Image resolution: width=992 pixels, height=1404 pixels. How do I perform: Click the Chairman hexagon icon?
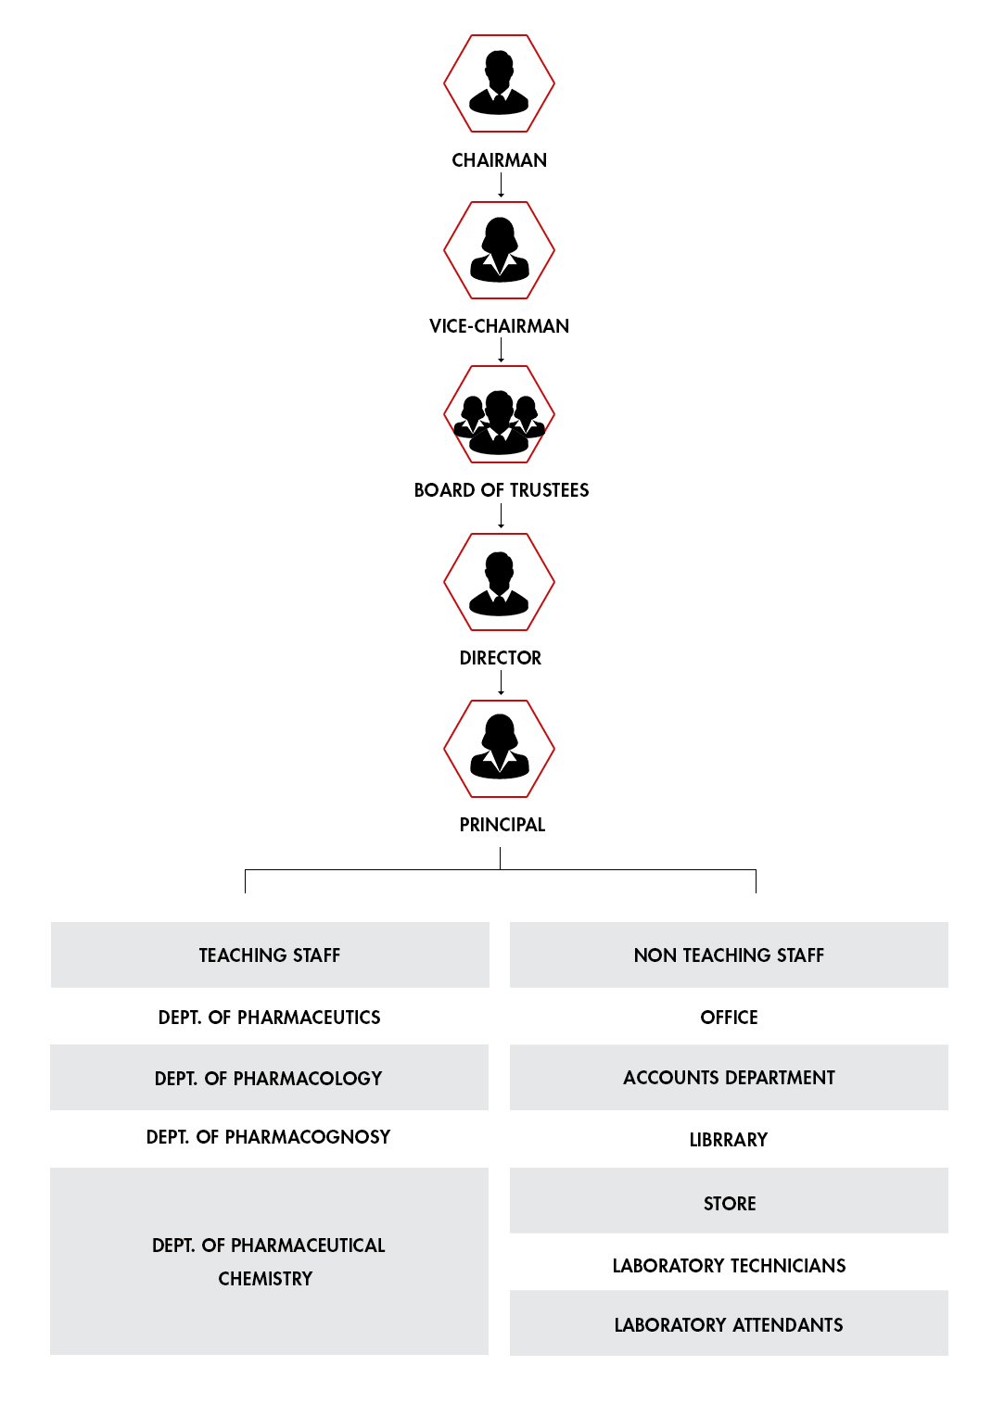click(x=499, y=83)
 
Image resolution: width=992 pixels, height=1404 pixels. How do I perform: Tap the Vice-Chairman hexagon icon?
click(x=499, y=250)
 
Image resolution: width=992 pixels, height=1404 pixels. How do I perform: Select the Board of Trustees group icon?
click(x=499, y=414)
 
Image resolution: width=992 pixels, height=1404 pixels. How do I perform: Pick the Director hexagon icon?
click(x=499, y=582)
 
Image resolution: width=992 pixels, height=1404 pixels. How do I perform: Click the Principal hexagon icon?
click(x=499, y=749)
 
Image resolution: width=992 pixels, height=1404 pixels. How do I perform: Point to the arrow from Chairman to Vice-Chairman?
click(x=501, y=185)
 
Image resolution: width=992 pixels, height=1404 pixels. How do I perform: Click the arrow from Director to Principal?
click(x=501, y=683)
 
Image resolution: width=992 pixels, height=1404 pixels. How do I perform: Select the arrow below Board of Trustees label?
click(x=501, y=516)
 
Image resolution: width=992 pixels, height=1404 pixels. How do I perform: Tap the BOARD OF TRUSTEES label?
click(x=501, y=490)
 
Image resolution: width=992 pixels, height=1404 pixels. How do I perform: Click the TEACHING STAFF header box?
click(x=270, y=955)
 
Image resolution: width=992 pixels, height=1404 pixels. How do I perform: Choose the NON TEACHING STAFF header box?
click(x=729, y=955)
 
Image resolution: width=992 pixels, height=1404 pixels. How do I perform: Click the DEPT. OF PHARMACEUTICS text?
click(x=269, y=1018)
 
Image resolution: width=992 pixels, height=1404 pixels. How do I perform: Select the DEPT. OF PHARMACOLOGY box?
click(x=269, y=1078)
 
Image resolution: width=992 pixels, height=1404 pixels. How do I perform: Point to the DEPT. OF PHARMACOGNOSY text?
click(x=268, y=1137)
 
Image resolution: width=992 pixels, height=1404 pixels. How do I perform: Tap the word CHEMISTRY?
click(x=265, y=1279)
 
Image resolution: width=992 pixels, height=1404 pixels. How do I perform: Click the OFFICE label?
click(x=729, y=1018)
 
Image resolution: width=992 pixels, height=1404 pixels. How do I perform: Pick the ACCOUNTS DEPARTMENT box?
click(x=729, y=1078)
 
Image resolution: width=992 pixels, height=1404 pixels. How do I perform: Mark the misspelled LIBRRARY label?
click(x=729, y=1140)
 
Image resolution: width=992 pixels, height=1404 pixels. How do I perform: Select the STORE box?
click(x=729, y=1200)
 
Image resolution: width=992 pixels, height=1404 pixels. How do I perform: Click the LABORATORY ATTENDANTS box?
click(x=729, y=1322)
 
